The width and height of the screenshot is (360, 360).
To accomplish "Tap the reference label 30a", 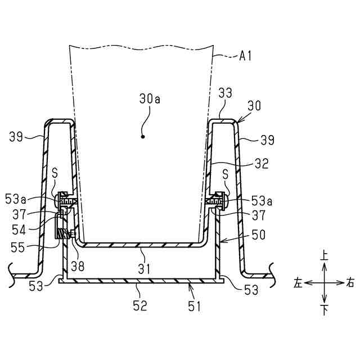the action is coord(150,99).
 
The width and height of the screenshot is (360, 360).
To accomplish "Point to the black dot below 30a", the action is coord(143,136).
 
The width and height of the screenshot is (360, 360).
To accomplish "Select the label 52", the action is coord(139,305).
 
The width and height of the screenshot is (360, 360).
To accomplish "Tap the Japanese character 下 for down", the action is coord(325,310).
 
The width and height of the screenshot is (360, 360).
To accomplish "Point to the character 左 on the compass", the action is coord(298,283).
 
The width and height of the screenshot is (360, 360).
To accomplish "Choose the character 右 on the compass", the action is coord(351,283).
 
